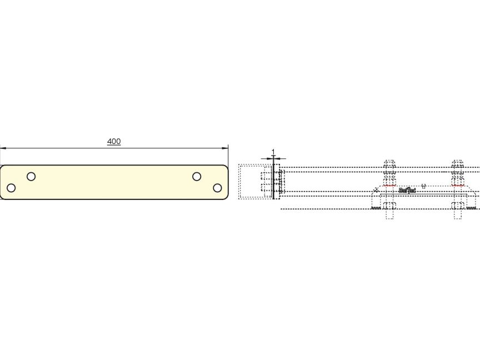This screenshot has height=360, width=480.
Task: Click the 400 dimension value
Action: click(x=114, y=142)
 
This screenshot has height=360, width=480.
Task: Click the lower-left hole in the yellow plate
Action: click(x=11, y=188)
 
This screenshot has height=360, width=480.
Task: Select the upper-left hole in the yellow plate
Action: click(x=31, y=177)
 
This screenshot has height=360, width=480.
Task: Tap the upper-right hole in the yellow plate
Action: click(x=197, y=177)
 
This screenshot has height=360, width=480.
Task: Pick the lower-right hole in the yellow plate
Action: click(x=217, y=188)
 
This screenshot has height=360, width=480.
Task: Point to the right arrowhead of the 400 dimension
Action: click(x=226, y=148)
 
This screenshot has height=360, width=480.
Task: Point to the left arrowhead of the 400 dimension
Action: click(x=3, y=148)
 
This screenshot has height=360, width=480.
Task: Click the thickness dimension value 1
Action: click(x=273, y=152)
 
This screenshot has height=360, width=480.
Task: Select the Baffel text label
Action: click(x=407, y=191)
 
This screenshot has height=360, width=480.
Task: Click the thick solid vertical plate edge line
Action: click(x=273, y=181)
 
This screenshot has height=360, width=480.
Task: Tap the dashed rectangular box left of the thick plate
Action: click(x=254, y=181)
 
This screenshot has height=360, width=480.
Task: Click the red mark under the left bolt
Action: click(x=389, y=185)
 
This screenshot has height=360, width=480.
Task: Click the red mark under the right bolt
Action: click(x=458, y=185)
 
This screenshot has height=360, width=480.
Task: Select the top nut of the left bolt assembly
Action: click(x=389, y=166)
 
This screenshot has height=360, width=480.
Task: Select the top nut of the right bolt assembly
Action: click(x=457, y=166)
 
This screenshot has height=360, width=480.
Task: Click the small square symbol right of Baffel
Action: click(x=423, y=186)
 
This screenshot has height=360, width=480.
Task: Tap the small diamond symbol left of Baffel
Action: click(x=376, y=190)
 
